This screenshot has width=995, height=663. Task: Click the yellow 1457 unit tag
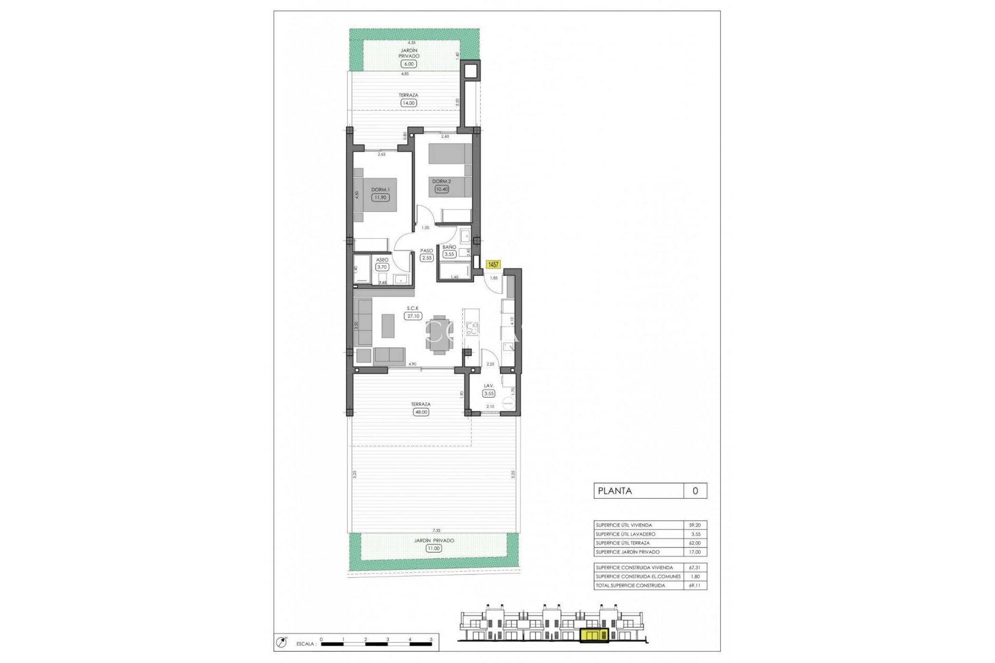(493, 265)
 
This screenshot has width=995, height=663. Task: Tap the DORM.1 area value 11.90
(380, 197)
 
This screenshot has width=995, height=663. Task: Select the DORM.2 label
(442, 181)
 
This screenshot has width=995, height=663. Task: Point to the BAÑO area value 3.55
(449, 254)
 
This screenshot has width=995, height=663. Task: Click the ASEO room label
(382, 260)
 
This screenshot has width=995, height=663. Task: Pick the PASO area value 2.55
(427, 258)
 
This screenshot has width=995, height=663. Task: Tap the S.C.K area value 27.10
(413, 316)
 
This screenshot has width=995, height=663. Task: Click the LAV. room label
(488, 386)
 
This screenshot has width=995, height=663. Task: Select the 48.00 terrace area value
(421, 412)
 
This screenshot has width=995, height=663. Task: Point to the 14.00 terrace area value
(408, 103)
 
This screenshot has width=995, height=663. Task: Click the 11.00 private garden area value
(433, 549)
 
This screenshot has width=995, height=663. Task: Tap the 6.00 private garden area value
(408, 64)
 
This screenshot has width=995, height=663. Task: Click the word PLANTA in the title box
(615, 491)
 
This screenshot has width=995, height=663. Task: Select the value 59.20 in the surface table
(694, 525)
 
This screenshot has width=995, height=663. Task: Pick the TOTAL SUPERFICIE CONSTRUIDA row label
(630, 585)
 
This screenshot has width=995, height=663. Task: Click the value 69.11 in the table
(694, 585)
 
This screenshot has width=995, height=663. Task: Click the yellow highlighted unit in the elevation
(594, 636)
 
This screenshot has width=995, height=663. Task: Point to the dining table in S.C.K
(439, 335)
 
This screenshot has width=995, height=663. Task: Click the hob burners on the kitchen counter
(472, 328)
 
